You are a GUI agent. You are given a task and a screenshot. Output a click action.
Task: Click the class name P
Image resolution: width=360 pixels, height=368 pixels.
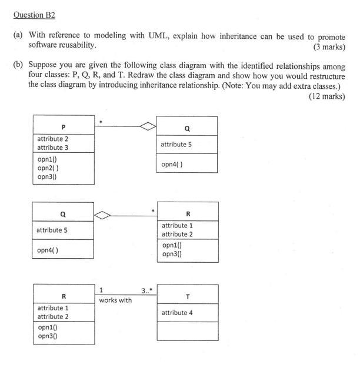coord(62,126)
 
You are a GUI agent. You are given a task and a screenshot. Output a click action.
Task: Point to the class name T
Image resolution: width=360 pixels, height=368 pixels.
coord(187,297)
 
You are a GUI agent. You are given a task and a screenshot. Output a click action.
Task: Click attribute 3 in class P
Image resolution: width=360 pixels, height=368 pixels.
coord(52,148)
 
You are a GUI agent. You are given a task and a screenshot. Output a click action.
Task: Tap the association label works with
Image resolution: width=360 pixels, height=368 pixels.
coord(115,300)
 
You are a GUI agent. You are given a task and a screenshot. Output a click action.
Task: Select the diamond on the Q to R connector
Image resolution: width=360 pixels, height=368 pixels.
coord(104,215)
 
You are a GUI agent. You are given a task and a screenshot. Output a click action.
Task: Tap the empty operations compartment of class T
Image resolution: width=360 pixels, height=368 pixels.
coord(187,331)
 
